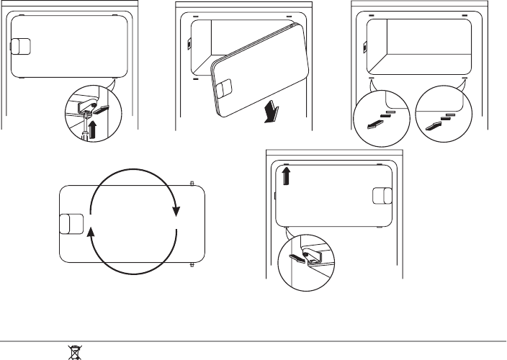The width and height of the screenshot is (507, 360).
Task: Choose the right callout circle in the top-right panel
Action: [x=442, y=117]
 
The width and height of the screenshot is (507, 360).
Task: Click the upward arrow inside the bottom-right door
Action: [x=287, y=176]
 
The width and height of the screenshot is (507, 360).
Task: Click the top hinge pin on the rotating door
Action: [x=191, y=183]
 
